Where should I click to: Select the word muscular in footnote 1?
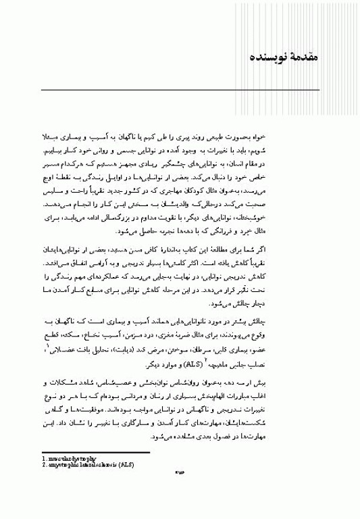(58, 461)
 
